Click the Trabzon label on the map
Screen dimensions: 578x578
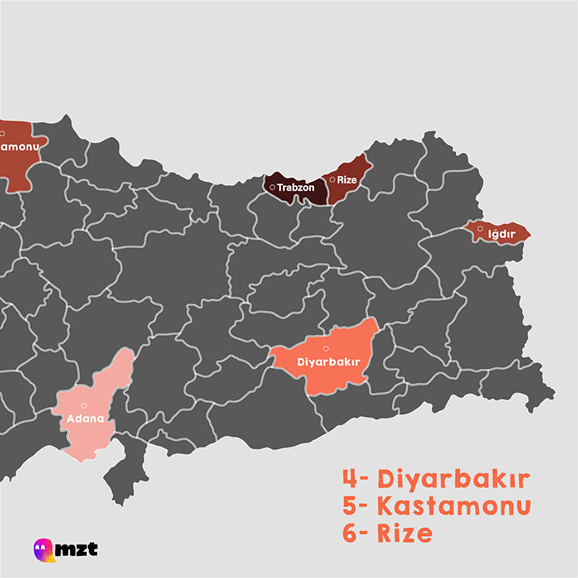click(296, 187)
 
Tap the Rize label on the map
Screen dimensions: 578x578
click(347, 180)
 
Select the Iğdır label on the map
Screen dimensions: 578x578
click(502, 235)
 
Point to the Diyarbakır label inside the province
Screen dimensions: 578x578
click(329, 362)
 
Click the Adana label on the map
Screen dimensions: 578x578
click(85, 418)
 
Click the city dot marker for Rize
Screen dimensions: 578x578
click(332, 180)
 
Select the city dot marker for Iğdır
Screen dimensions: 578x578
click(480, 228)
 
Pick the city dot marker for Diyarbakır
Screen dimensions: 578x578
click(326, 348)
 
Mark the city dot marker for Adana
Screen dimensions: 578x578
click(84, 406)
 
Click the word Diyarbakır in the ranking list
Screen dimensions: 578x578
click(454, 479)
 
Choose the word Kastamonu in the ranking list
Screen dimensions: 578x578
click(454, 506)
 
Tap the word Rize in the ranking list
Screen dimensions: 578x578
click(405, 533)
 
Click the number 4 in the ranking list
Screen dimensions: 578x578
click(350, 479)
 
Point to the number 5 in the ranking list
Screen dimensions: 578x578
click(350, 506)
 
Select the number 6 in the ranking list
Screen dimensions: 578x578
click(350, 533)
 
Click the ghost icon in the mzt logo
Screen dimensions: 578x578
click(42, 549)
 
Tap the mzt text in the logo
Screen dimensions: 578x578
click(76, 549)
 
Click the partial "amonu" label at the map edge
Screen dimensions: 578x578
click(19, 146)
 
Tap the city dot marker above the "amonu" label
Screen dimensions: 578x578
click(2, 133)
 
